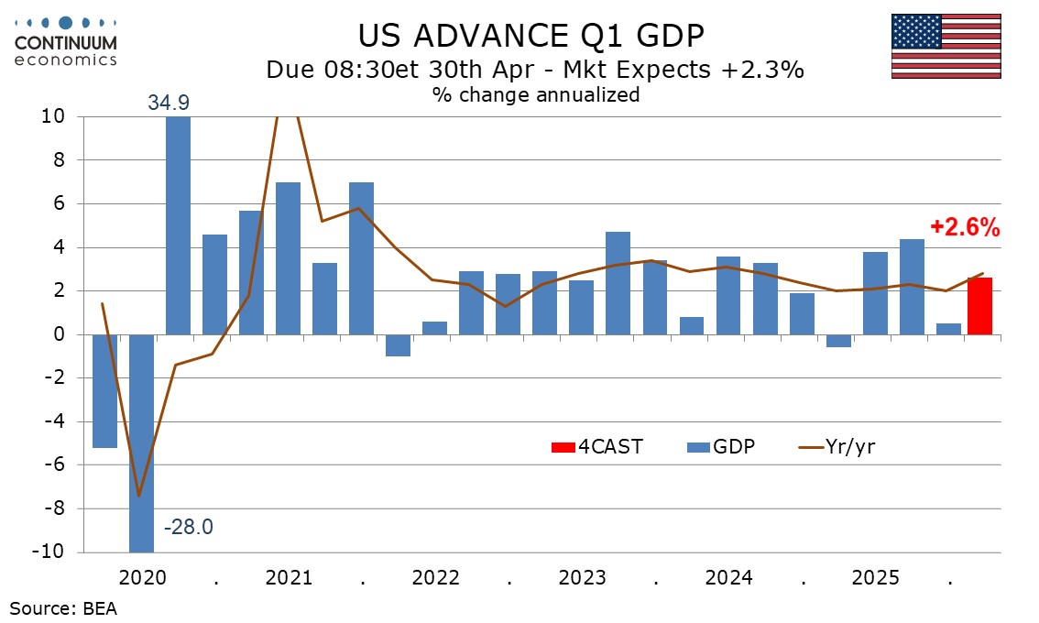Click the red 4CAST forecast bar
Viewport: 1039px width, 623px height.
(x=979, y=306)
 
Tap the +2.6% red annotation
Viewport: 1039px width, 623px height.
(x=964, y=228)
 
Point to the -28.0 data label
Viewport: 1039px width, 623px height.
(x=189, y=528)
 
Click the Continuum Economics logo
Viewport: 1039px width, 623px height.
(x=66, y=40)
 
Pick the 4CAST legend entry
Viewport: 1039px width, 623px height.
(x=585, y=447)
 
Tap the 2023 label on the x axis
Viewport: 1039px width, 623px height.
(x=582, y=578)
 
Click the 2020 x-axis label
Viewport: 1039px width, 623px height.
(x=142, y=578)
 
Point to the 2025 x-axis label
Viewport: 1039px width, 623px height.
(x=875, y=578)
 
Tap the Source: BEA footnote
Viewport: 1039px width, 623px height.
(x=63, y=607)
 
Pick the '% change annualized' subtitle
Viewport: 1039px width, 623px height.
(x=536, y=94)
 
